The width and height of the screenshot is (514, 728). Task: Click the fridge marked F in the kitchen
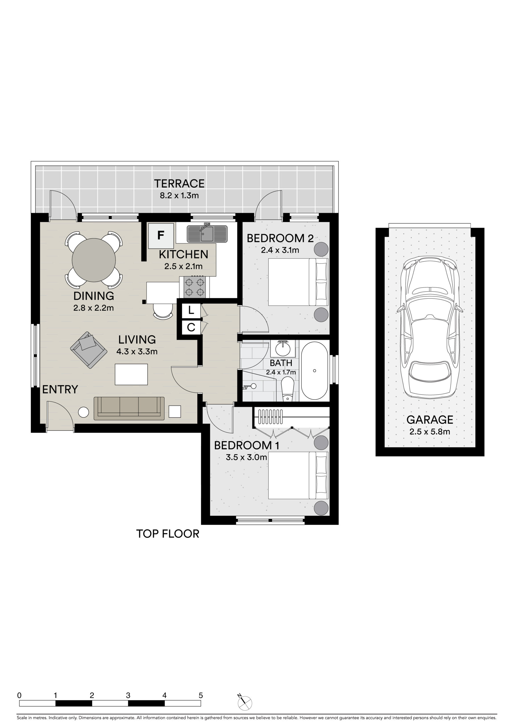(x=161, y=235)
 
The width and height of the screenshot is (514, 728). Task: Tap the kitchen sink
(x=207, y=233)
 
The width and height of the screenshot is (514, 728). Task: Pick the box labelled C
(x=191, y=327)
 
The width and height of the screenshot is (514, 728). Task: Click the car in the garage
(x=430, y=328)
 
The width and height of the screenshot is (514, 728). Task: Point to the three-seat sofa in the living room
(x=129, y=408)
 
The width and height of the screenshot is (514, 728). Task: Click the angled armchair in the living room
(x=88, y=350)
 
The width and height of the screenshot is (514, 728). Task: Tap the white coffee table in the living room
(x=131, y=375)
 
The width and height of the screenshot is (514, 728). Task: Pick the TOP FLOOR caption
(x=168, y=534)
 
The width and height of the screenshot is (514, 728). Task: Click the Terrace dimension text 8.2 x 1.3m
(x=179, y=196)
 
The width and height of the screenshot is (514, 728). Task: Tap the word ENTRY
(x=60, y=389)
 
